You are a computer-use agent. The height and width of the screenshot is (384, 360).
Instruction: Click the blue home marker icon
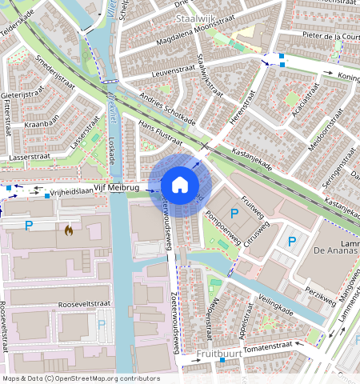(180, 185)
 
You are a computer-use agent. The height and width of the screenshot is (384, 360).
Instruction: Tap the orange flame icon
(69, 230)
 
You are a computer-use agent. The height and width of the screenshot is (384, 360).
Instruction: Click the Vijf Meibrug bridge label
(116, 188)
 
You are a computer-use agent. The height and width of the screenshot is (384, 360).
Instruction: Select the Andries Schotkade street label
(167, 107)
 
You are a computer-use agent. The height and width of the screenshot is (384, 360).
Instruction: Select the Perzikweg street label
(320, 298)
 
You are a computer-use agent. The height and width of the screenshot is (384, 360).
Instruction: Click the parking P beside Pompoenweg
(234, 213)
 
